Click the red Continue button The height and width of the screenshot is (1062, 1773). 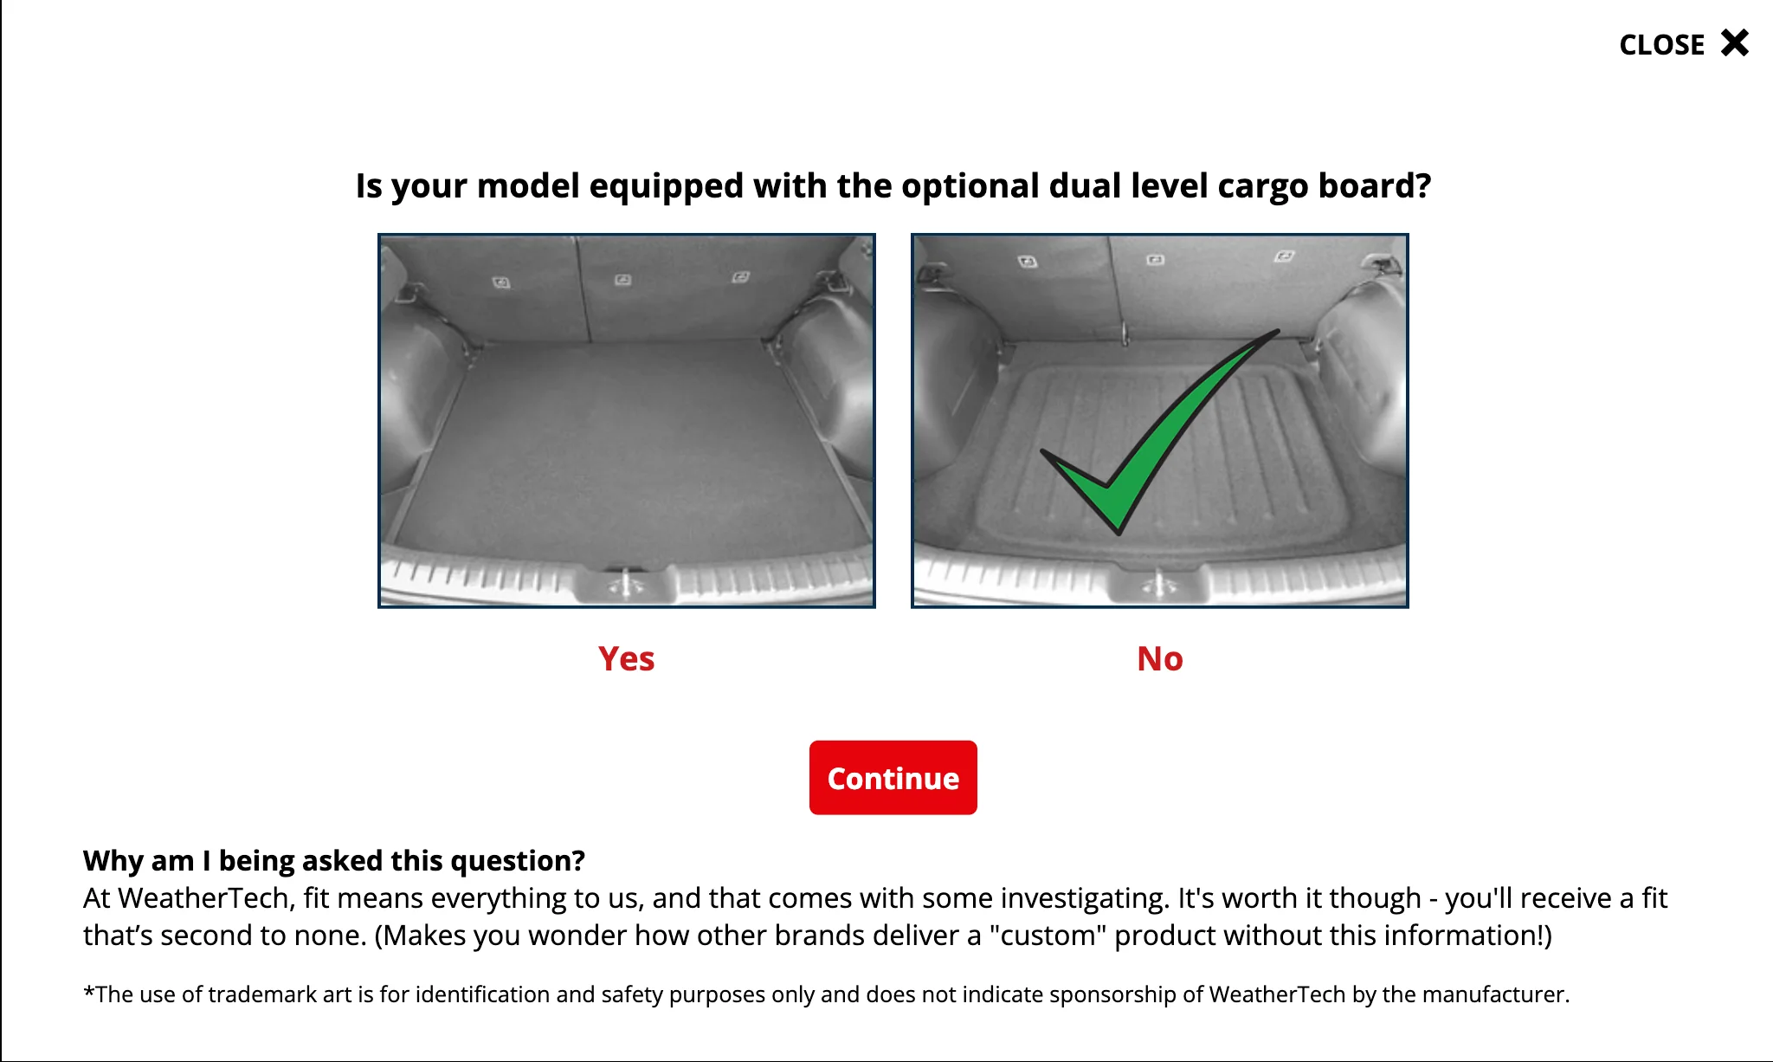[x=893, y=777]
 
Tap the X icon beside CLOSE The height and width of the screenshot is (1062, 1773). [x=1735, y=42]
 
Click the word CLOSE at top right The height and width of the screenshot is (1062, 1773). [x=1661, y=45]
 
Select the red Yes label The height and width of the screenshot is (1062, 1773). [x=626, y=659]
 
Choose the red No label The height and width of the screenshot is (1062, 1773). [x=1159, y=659]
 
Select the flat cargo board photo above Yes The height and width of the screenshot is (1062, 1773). [x=627, y=420]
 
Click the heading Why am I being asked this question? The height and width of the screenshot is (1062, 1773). [x=334, y=860]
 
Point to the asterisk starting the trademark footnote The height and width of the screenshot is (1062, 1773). [x=88, y=992]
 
